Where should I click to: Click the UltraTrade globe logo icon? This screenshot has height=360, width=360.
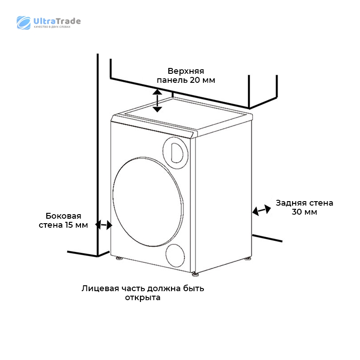point(23,23)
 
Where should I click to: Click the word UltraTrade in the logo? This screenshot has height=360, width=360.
point(57,21)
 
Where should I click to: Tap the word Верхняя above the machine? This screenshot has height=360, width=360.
point(186,71)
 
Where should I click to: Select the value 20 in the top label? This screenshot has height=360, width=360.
point(195,80)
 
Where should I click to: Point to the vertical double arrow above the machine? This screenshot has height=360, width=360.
point(157,100)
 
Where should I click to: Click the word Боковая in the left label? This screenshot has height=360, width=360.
point(63,216)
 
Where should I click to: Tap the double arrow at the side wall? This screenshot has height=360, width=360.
point(104,225)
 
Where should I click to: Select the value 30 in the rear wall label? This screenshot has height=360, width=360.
point(297,212)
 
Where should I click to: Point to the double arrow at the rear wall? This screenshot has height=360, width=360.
point(261,210)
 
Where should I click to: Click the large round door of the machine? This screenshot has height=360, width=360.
point(148,202)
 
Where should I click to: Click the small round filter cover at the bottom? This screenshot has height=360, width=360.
point(175,256)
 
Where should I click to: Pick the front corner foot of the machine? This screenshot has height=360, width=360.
point(195,274)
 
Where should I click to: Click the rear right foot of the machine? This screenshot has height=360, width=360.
point(247,258)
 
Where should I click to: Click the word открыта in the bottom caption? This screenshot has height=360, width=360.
point(143,298)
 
